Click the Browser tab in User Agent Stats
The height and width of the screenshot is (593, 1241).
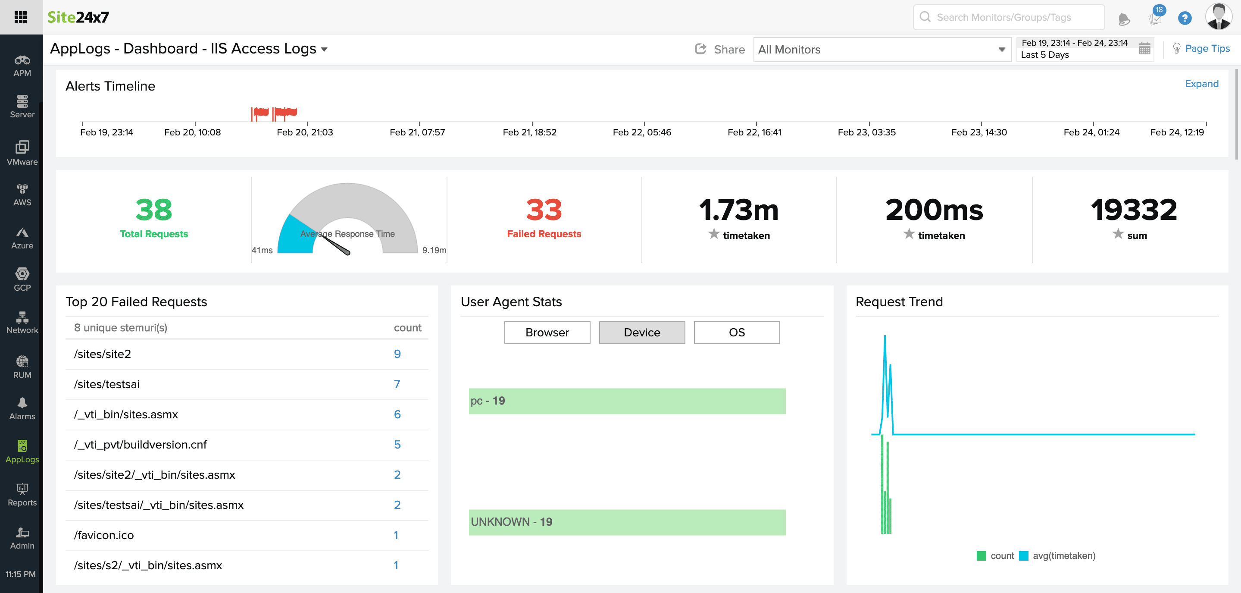tap(547, 332)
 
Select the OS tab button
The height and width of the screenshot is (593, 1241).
tap(736, 332)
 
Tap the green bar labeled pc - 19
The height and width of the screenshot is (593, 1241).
tap(626, 401)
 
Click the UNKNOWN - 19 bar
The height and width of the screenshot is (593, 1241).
tap(626, 522)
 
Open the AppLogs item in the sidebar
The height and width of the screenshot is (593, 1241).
tap(22, 451)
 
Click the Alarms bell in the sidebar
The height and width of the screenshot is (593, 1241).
tap(22, 408)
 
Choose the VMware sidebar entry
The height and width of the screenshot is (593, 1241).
tap(22, 153)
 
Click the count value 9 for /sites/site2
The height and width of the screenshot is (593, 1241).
tap(397, 354)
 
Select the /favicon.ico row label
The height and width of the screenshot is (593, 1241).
tap(103, 535)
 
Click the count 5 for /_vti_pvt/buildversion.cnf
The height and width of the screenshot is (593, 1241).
tap(397, 445)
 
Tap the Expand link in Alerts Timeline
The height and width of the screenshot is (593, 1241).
tap(1201, 84)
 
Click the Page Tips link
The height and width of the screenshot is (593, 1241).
tap(1207, 48)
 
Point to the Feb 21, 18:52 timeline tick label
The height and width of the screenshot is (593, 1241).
tap(529, 132)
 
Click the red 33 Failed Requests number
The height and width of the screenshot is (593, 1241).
tap(544, 210)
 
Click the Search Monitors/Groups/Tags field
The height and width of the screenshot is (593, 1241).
tap(1009, 17)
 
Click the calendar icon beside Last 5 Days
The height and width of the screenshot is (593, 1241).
tap(1144, 49)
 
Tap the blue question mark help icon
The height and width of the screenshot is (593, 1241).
tap(1184, 18)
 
